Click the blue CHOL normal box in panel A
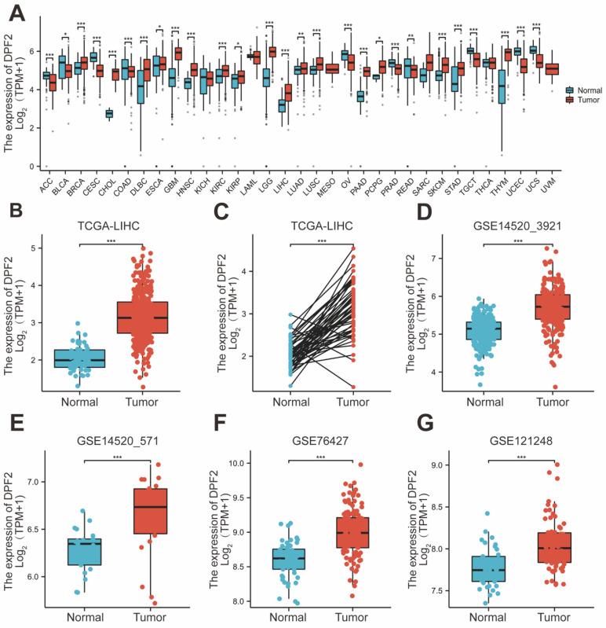[x=110, y=114]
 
